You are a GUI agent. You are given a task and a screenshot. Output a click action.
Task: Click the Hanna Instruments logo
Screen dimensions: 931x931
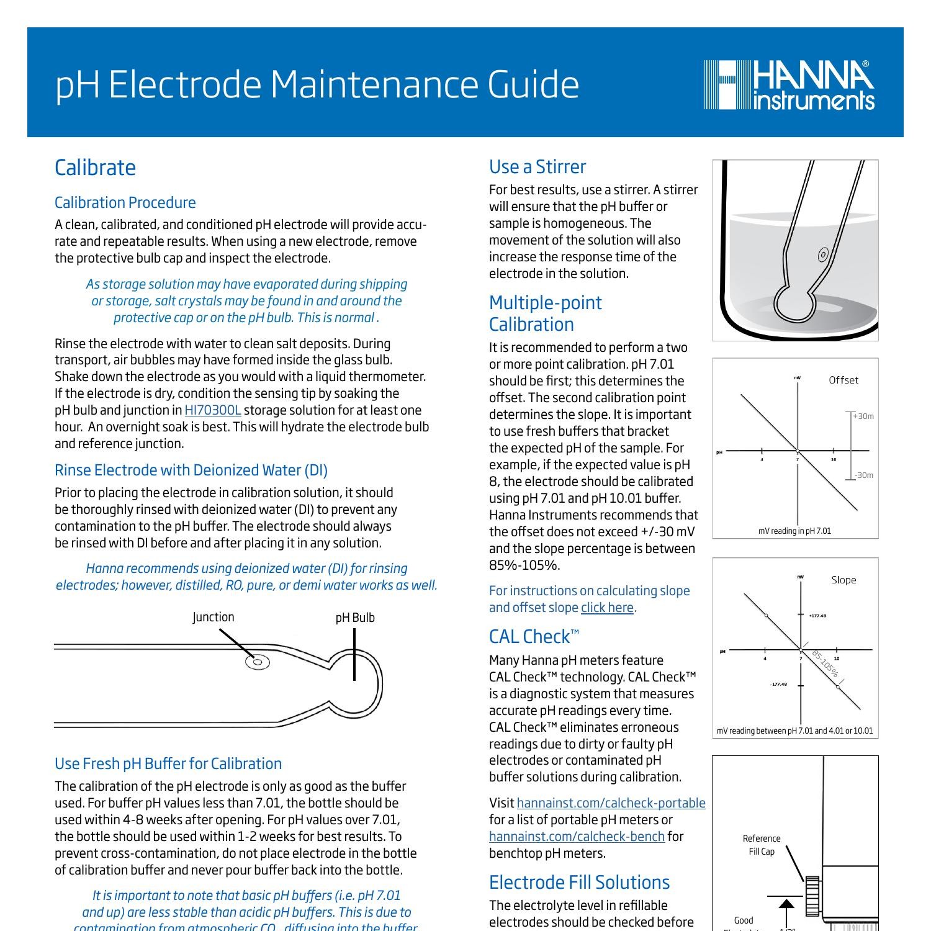click(789, 85)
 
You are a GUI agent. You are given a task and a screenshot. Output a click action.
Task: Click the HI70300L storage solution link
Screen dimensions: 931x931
click(212, 410)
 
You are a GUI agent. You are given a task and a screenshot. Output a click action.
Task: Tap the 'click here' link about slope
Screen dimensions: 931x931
click(607, 608)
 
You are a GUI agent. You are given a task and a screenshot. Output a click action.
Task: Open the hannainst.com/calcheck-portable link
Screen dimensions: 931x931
click(611, 803)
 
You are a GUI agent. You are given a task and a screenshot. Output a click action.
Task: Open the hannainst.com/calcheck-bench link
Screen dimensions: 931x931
click(577, 837)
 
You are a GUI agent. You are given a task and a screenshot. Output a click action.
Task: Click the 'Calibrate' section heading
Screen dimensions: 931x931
click(95, 168)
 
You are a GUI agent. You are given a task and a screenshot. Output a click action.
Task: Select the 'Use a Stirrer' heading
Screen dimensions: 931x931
click(537, 167)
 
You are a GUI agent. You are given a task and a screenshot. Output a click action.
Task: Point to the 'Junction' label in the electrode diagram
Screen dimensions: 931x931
click(213, 617)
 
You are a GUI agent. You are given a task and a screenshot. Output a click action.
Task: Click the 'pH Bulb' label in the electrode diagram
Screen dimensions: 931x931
click(355, 618)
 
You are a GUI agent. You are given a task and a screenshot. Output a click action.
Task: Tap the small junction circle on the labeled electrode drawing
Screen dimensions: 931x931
click(258, 662)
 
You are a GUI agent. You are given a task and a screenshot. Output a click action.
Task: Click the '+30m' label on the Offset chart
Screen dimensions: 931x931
click(863, 416)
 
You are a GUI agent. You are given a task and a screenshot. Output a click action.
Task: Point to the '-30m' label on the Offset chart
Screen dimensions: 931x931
click(863, 475)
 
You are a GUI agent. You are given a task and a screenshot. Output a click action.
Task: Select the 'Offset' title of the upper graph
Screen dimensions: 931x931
click(843, 380)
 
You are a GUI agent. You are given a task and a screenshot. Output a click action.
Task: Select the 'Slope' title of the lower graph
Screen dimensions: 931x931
click(843, 580)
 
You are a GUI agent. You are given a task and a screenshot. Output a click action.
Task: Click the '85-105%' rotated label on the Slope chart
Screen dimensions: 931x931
click(825, 664)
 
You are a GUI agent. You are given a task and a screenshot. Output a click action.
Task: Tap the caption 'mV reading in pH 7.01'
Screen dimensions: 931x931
click(794, 531)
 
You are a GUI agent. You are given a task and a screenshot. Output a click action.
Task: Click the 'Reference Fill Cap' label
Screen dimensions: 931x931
click(762, 845)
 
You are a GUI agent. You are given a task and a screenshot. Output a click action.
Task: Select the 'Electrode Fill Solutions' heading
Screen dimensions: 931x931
click(579, 882)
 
